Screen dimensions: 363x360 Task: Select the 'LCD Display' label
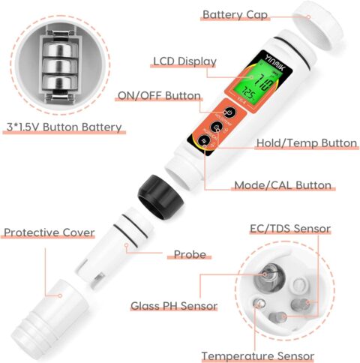click(x=184, y=61)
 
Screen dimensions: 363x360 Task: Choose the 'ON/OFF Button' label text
click(x=158, y=96)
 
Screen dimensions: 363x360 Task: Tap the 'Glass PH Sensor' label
click(x=174, y=305)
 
